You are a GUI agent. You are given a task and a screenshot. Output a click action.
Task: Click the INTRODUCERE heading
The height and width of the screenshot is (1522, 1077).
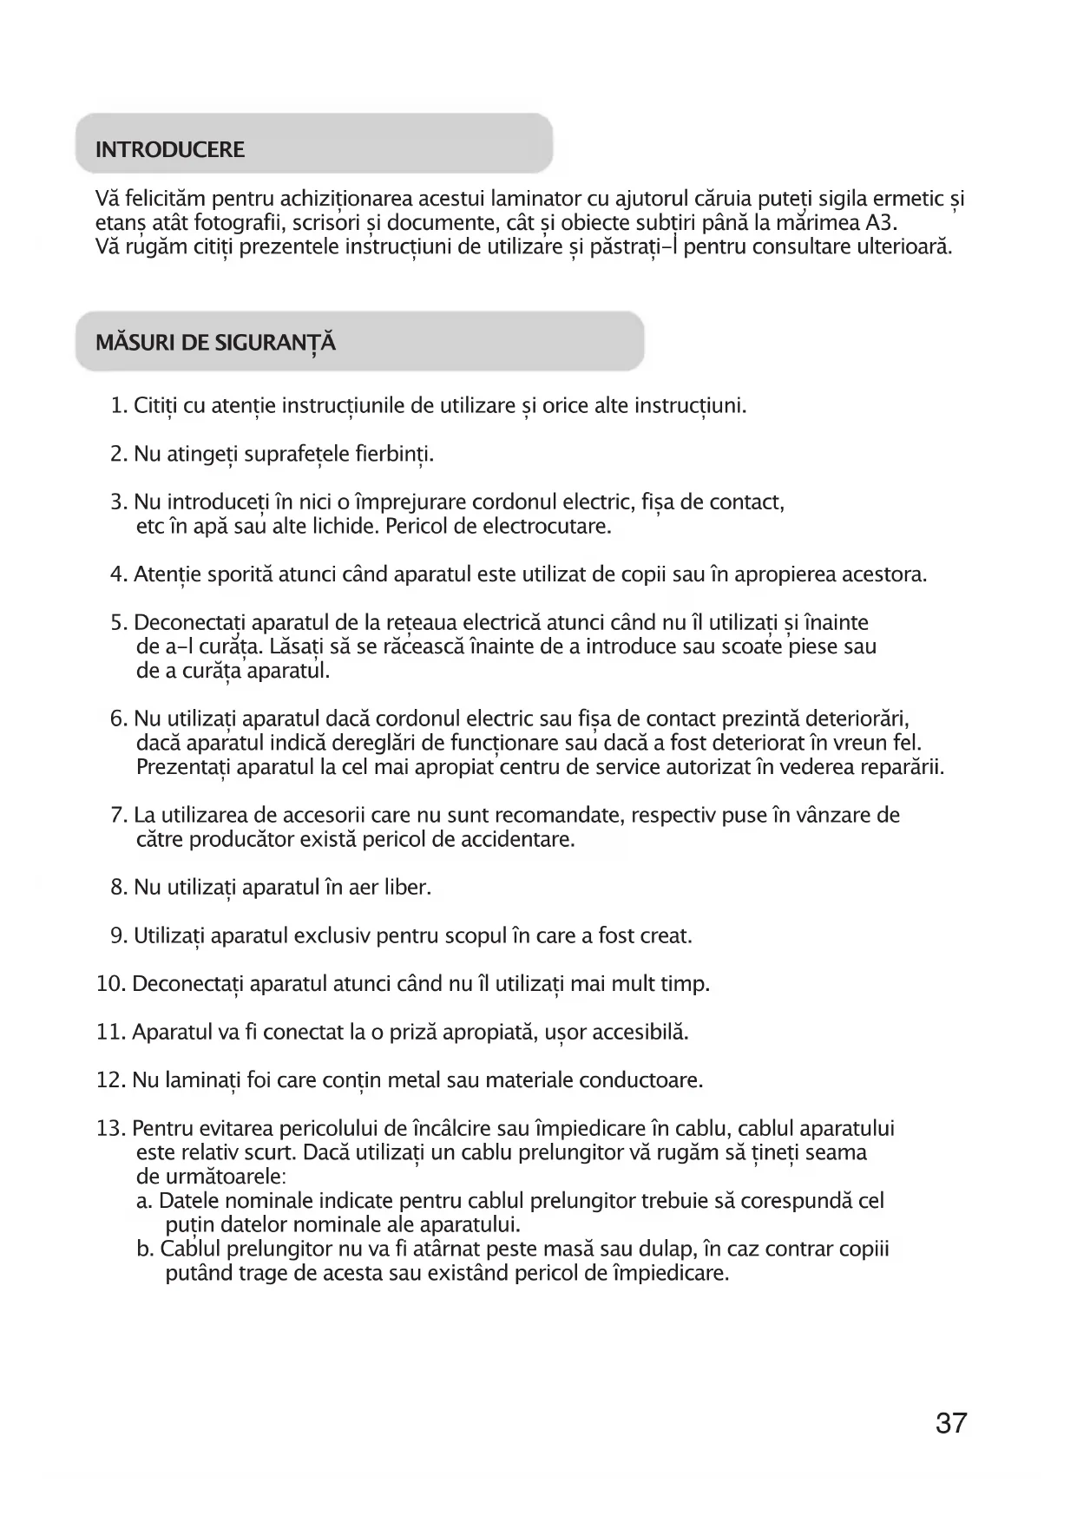click(x=170, y=150)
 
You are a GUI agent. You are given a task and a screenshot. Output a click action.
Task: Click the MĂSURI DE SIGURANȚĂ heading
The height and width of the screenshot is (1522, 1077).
click(x=215, y=343)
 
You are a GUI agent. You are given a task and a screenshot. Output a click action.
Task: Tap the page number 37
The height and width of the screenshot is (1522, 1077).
click(x=951, y=1424)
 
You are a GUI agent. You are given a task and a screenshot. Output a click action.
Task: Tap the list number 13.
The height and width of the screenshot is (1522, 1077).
click(x=111, y=1129)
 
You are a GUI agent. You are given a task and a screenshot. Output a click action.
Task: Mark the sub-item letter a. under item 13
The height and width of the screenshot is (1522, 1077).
click(x=145, y=1202)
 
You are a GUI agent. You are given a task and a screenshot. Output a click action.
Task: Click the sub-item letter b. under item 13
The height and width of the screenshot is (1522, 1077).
click(x=145, y=1250)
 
